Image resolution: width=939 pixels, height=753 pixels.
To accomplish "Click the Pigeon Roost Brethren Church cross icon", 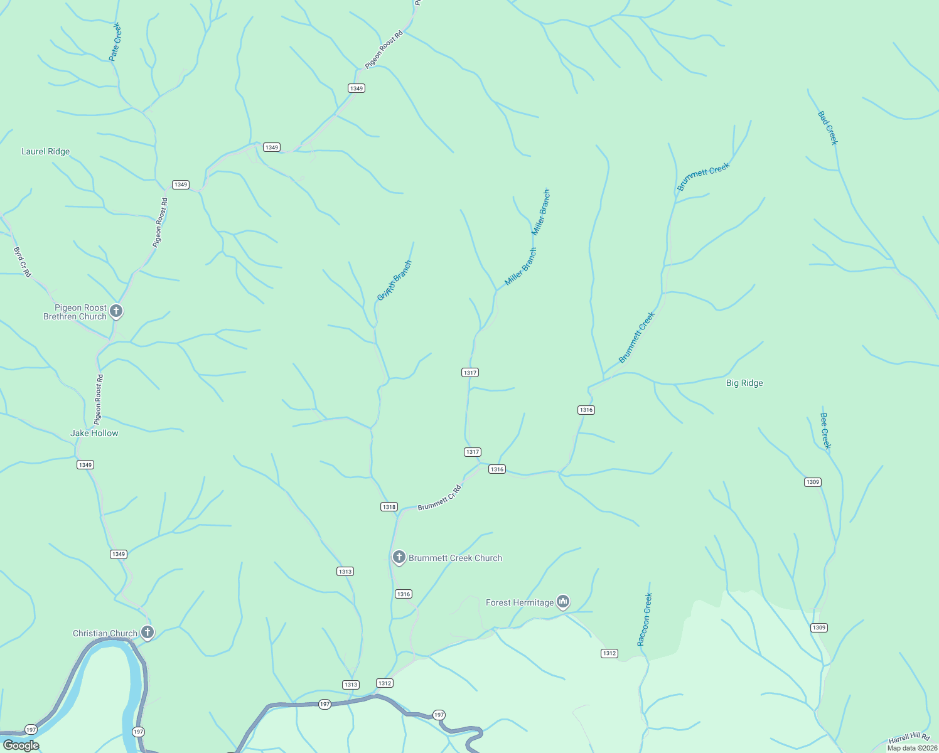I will (116, 311).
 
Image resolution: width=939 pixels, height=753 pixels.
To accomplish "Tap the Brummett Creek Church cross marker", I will (399, 557).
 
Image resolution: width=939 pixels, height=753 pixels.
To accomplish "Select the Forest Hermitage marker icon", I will (563, 602).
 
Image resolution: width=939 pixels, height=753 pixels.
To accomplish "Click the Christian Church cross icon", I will (148, 632).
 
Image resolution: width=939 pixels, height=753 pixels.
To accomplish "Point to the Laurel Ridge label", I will (46, 151).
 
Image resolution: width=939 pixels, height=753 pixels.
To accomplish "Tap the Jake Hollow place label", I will (94, 433).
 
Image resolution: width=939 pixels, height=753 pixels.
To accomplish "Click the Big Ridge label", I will (744, 383).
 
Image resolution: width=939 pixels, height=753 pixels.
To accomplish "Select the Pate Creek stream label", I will (115, 41).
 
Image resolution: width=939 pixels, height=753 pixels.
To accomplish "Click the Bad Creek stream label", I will (828, 128).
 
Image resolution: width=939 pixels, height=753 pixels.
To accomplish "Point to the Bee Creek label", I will (825, 431).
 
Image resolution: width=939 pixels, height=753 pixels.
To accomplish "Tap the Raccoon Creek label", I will (645, 619).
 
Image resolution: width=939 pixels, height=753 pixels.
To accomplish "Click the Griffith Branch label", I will (394, 280).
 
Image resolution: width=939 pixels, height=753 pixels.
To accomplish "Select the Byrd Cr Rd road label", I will (23, 262).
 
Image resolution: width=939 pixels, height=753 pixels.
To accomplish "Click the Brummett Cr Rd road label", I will (439, 498).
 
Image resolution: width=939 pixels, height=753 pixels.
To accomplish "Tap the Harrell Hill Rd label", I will (909, 739).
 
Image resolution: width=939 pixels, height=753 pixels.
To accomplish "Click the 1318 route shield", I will (389, 506).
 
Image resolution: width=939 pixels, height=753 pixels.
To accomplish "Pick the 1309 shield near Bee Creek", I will (813, 482).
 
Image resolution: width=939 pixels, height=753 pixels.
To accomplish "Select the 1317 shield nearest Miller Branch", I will (470, 372).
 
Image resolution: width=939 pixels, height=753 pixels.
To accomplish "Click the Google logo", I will (21, 745).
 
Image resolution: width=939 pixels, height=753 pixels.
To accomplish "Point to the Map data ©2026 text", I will (912, 748).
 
